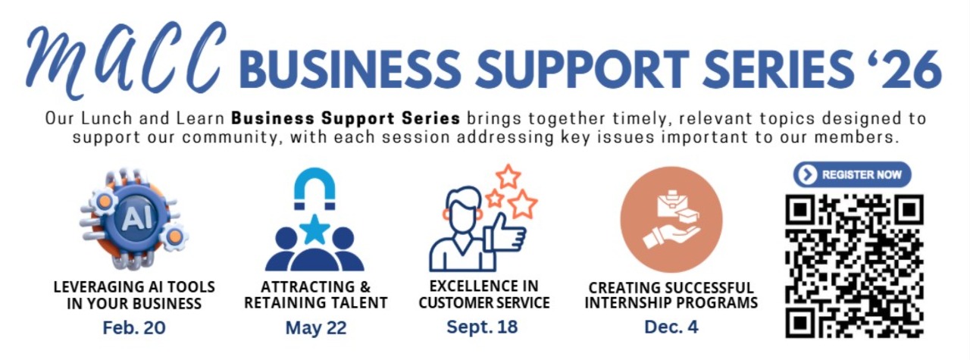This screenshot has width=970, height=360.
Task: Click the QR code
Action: coord(854,266)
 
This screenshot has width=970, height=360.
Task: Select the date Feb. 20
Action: coord(134,327)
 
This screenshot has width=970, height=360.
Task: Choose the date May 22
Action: coord(316,327)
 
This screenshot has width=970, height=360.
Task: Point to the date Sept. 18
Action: coord(482,326)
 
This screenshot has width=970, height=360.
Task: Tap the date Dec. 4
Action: coord(671,327)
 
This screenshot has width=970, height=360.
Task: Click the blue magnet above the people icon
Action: coord(314,188)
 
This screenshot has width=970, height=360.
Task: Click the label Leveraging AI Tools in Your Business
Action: coord(134,295)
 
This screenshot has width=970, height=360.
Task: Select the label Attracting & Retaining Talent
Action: coord(316,295)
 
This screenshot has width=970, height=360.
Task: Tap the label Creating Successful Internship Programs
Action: coord(671,295)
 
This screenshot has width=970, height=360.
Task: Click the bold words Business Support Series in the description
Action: coord(346,117)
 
